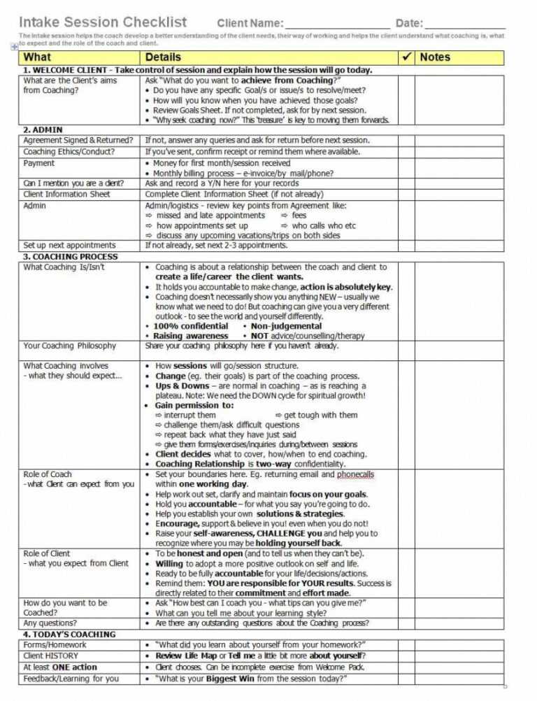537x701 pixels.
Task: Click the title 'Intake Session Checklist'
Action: (103, 22)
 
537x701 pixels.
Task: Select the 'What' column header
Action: (37, 57)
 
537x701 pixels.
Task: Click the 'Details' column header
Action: (163, 57)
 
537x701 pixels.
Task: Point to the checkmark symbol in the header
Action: (406, 57)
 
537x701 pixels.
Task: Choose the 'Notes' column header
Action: (435, 57)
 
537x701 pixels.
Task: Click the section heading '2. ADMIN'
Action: (43, 129)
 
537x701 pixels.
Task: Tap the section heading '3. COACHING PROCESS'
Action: (71, 256)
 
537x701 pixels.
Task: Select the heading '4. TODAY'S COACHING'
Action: (70, 634)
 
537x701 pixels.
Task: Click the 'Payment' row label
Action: (39, 163)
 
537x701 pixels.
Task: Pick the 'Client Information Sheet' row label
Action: (67, 194)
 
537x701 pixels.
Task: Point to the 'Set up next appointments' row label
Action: (70, 246)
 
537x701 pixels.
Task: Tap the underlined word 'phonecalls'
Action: (355, 474)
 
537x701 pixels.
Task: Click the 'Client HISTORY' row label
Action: (51, 656)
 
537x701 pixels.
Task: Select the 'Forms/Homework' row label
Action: (55, 645)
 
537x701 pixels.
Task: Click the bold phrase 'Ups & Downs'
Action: (182, 385)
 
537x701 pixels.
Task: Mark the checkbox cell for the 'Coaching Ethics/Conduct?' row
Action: (406, 152)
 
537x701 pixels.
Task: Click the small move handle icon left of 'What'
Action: (15, 46)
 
